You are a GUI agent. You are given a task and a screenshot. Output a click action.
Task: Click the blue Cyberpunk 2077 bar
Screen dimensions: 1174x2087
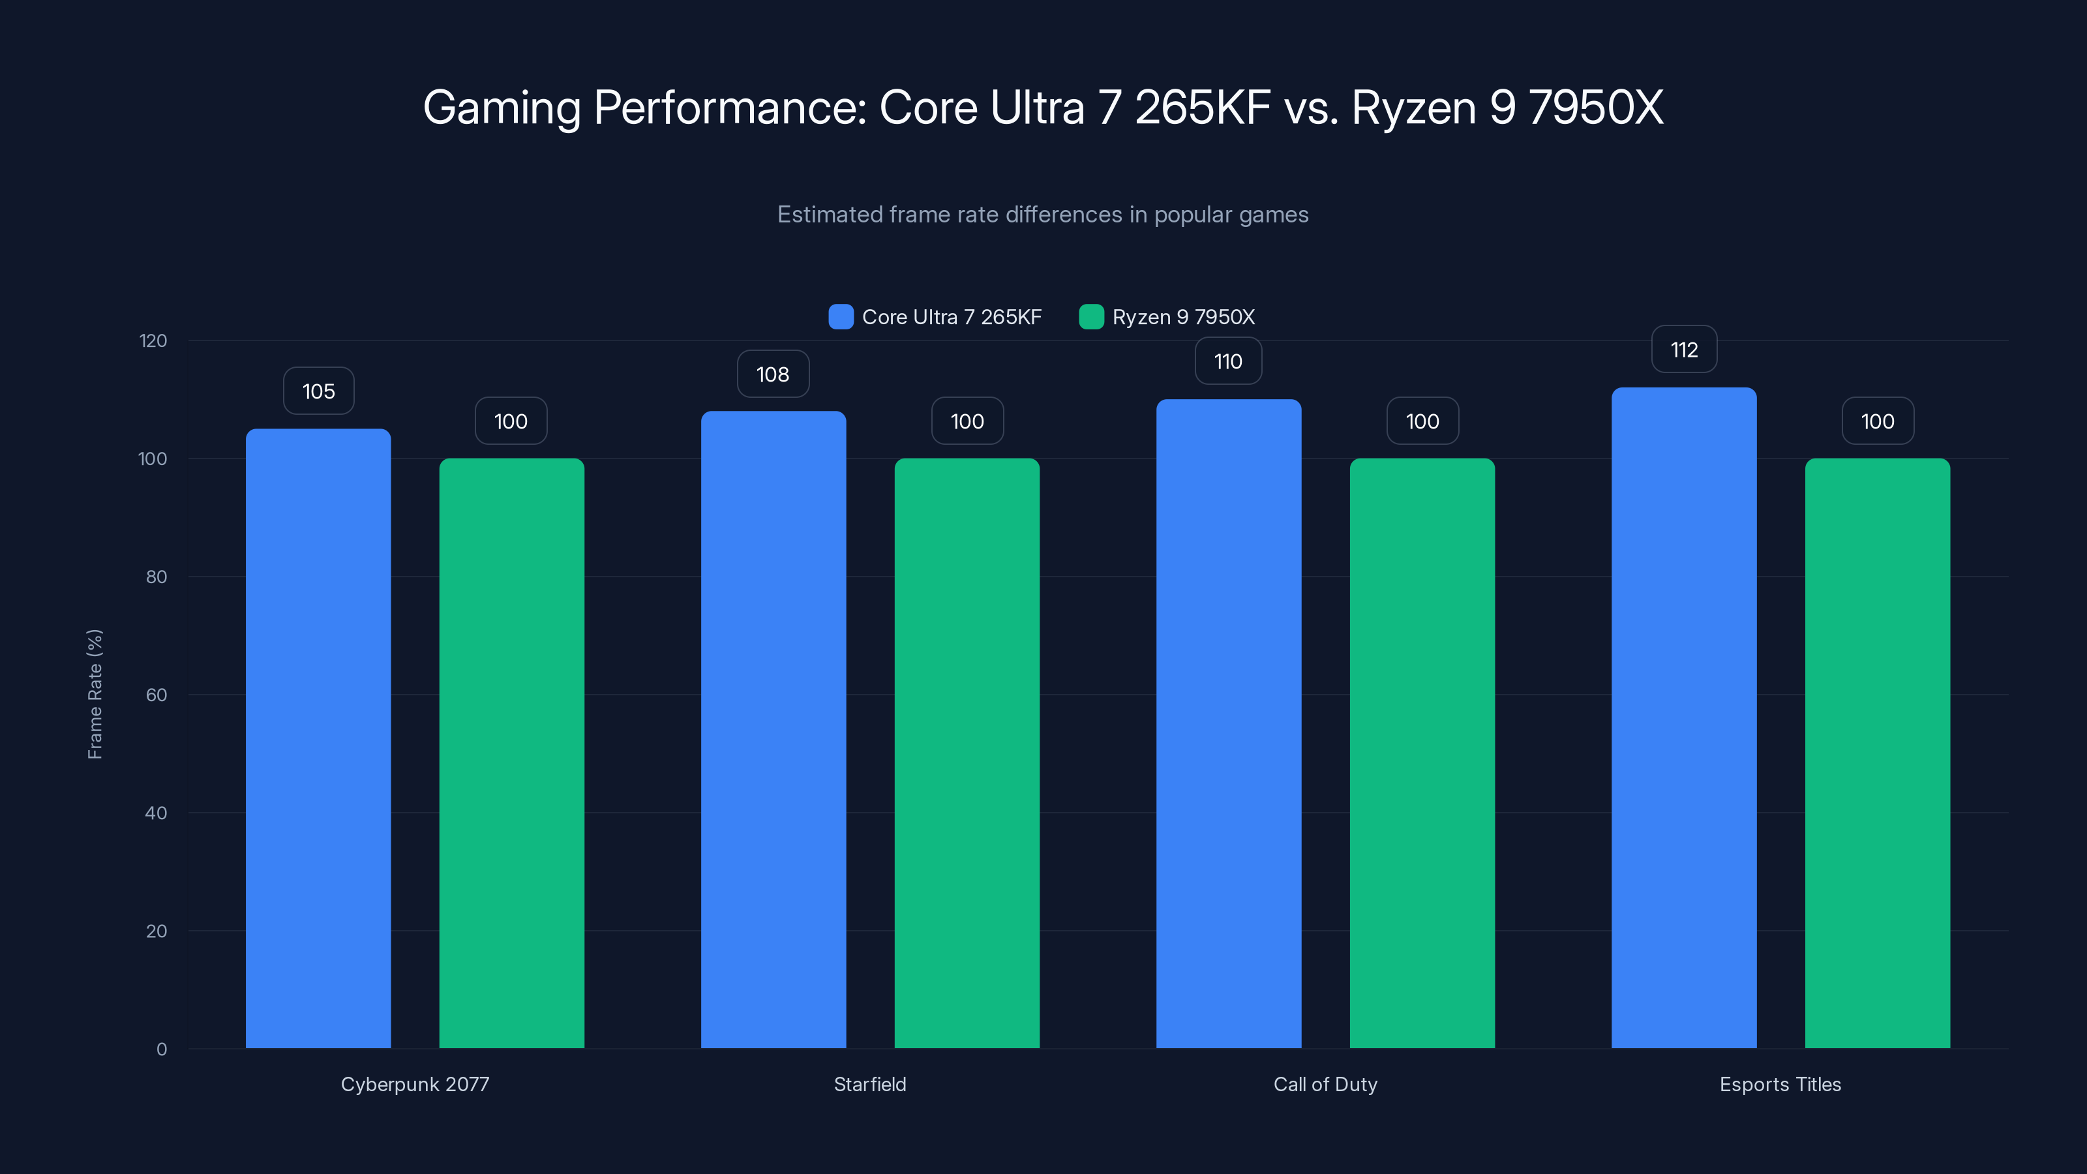318,737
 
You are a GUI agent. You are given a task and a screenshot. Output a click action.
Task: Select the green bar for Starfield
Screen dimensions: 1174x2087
967,753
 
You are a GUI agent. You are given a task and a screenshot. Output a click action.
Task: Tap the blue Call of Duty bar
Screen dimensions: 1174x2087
1228,723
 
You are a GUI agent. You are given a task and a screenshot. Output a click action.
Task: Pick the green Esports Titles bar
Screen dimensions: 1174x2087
1877,753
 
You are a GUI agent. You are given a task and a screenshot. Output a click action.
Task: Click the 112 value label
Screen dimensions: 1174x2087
1683,350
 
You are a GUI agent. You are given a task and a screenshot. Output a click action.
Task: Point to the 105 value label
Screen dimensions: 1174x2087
318,391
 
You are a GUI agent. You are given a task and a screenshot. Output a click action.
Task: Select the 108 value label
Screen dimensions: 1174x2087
772,374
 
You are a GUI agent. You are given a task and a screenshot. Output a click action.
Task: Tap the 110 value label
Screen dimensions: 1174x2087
1227,361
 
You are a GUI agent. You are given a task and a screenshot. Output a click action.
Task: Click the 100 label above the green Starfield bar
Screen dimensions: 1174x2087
967,421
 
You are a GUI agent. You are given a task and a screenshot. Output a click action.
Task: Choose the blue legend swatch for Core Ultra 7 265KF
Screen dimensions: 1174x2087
841,317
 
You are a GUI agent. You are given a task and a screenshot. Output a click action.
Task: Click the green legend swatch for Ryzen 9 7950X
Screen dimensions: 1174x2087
1091,317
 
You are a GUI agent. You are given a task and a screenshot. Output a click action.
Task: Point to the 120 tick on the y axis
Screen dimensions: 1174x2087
153,340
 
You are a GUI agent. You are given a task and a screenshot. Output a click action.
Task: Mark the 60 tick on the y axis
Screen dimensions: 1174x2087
157,695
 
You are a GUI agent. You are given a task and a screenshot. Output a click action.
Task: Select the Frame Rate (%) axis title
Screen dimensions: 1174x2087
95,695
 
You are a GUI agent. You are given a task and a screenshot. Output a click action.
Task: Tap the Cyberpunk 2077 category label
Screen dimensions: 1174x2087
415,1084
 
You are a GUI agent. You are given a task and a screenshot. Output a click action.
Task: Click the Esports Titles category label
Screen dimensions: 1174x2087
1780,1084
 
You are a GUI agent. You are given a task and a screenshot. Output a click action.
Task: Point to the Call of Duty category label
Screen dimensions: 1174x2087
1325,1084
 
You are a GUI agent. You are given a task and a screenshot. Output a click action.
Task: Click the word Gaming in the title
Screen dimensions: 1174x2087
502,108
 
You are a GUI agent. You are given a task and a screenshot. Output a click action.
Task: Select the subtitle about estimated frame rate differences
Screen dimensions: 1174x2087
1043,215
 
